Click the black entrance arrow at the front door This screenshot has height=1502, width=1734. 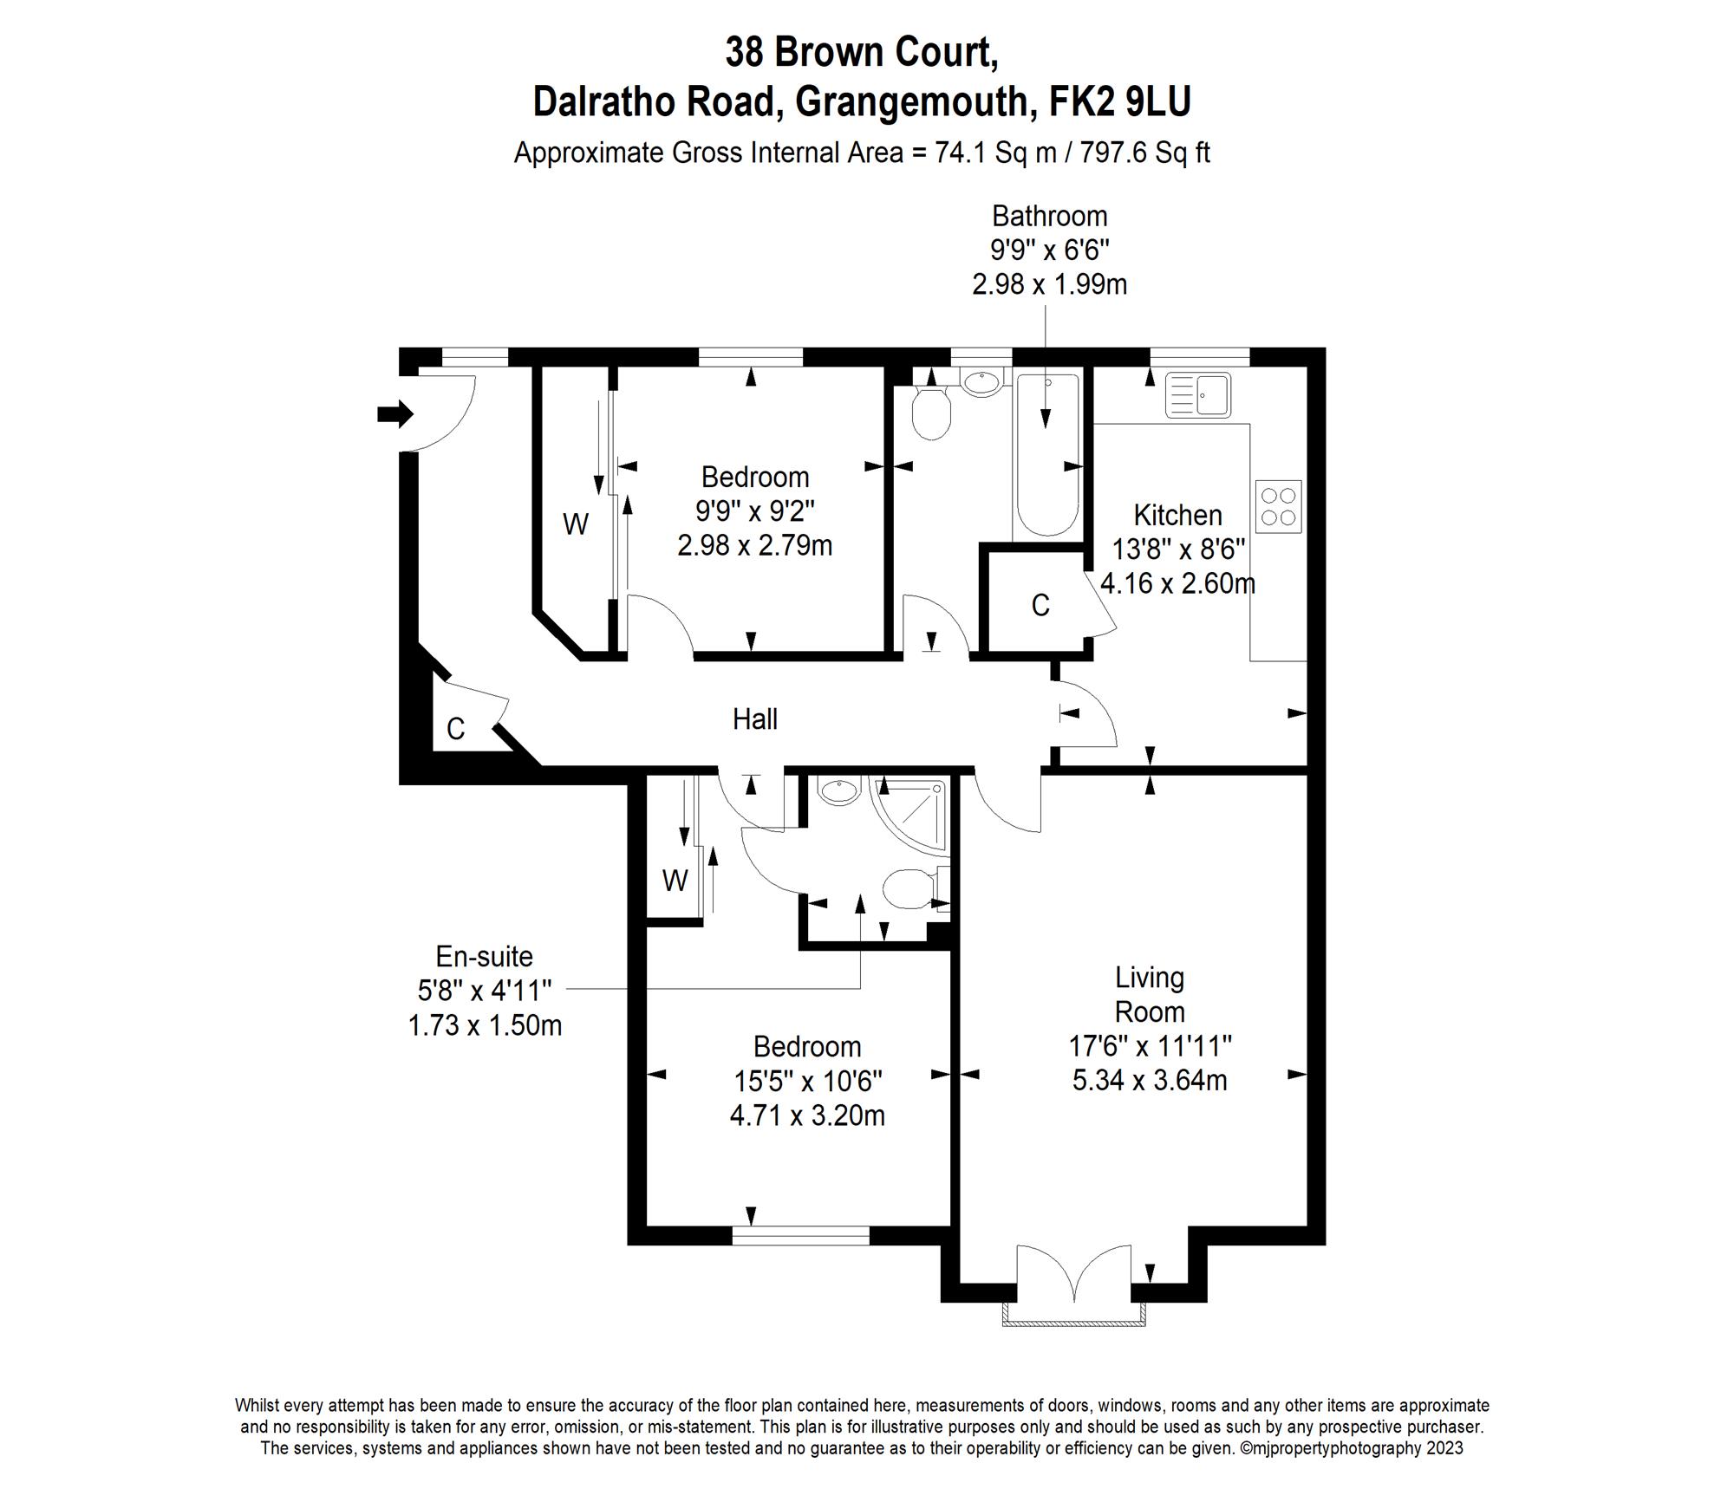click(395, 414)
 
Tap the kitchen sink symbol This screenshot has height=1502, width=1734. click(1198, 394)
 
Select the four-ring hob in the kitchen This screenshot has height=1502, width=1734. click(1279, 507)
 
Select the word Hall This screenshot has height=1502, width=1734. click(754, 719)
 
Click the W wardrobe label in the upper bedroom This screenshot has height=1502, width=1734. click(576, 524)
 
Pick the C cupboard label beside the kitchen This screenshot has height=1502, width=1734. click(1040, 606)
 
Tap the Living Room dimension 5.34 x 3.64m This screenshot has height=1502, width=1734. click(1150, 1081)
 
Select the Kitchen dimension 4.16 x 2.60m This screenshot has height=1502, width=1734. click(1177, 583)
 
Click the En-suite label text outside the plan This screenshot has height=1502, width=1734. click(484, 957)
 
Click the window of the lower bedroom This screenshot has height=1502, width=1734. click(800, 1236)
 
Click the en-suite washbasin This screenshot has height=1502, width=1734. click(838, 790)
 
